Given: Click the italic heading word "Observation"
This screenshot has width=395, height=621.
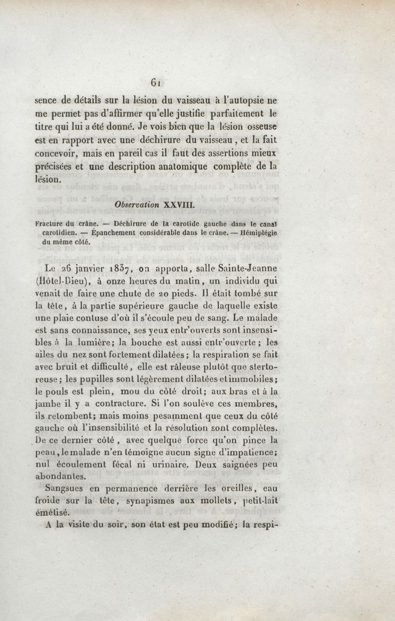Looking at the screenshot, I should point(137,204).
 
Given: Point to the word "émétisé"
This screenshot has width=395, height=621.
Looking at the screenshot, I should point(54,512).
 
